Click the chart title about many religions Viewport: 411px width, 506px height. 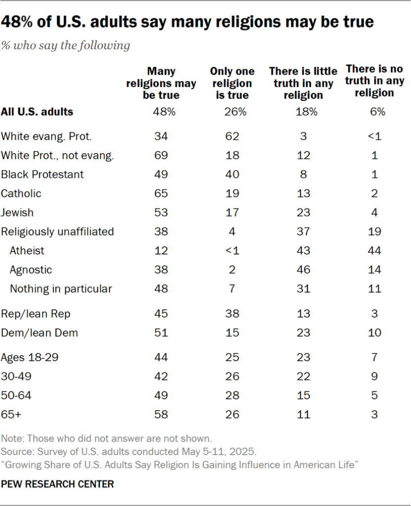[187, 22]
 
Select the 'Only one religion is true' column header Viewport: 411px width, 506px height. [232, 83]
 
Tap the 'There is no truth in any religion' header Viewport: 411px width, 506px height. [374, 81]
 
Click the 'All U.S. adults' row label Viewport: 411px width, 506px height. [37, 112]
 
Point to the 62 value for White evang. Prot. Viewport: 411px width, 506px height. [232, 136]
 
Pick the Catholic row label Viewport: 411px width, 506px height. [21, 193]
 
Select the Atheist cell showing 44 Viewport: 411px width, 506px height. [374, 251]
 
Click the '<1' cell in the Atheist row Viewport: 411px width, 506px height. [232, 251]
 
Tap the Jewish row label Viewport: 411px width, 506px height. [17, 212]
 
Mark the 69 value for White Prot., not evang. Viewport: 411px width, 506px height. [161, 155]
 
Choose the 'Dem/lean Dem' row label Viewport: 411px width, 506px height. [40, 333]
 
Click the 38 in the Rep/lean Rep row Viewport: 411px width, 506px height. [232, 314]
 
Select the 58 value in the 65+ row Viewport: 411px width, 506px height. [161, 415]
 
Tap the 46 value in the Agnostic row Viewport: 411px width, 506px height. [303, 270]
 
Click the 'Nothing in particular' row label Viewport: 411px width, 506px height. [61, 289]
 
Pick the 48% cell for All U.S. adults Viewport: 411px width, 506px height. [161, 112]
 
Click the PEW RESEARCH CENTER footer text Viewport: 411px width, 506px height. [57, 484]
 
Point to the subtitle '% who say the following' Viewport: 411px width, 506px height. [66, 45]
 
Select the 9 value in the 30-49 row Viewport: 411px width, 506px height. [374, 377]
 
